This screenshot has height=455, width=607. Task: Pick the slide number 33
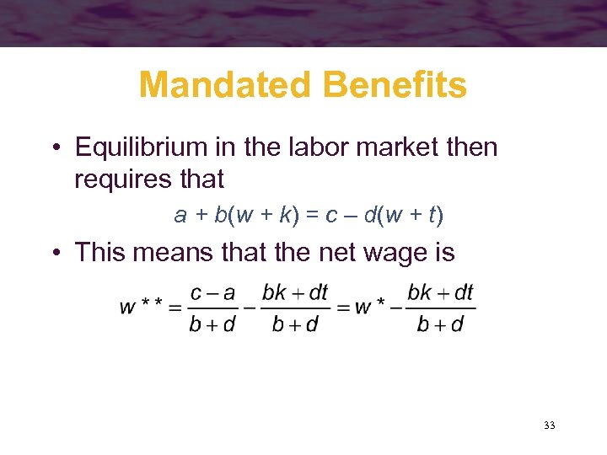click(x=550, y=426)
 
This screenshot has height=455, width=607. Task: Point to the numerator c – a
click(x=212, y=293)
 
